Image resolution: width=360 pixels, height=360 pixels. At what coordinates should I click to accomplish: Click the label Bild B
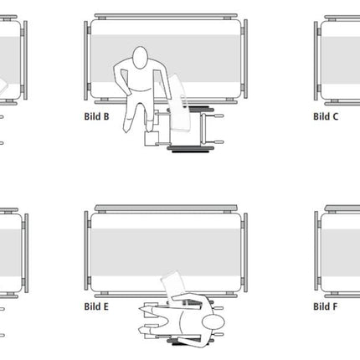pos(96,116)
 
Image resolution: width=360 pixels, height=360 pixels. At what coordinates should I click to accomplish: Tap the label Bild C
pos(326,116)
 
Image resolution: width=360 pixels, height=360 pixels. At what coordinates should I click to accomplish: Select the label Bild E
pos(96,306)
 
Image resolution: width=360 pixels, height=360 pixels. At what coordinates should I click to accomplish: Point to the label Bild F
pos(326,306)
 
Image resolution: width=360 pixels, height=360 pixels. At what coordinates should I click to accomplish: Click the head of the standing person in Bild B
pos(140,57)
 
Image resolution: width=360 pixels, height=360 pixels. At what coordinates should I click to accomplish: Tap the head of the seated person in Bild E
pos(213,323)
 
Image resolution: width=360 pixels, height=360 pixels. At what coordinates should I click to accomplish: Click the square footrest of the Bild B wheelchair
pos(152,138)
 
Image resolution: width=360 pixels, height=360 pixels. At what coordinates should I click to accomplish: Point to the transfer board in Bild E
pos(173,286)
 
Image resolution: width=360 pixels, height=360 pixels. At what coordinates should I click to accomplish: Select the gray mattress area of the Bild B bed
pos(166,59)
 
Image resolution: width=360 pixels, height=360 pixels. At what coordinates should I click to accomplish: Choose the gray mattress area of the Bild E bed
pos(166,252)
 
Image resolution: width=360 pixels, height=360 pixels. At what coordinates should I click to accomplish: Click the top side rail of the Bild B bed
pos(166,16)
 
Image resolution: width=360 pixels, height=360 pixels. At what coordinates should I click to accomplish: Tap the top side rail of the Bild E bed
pos(166,208)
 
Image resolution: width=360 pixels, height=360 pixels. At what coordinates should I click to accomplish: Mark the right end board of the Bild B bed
pos(245,59)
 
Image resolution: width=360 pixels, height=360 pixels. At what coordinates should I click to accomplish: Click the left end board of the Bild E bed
pos(86,252)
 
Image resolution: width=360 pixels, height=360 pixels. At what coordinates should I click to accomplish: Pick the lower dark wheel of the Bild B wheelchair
pos(191,150)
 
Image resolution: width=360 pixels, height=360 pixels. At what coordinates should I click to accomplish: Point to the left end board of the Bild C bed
pos(316,60)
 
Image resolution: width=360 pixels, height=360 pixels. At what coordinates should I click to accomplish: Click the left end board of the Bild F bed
pos(316,252)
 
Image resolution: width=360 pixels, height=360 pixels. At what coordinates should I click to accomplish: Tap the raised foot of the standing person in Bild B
pos(150,126)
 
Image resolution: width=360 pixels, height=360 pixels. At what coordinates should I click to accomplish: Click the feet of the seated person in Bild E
pos(147,319)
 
